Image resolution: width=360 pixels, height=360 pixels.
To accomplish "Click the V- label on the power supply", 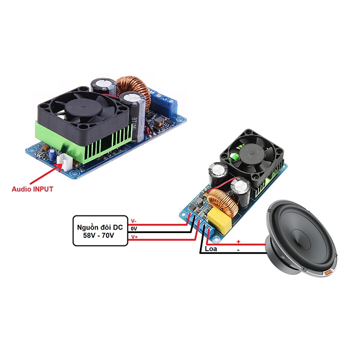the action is (133, 220).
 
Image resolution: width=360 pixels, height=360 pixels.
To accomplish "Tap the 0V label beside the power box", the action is (133, 228).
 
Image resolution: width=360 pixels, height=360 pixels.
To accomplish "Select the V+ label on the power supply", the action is (133, 236).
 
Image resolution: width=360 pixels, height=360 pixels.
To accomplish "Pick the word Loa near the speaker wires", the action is (210, 247).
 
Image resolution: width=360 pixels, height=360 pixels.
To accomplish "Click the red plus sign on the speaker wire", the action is (238, 241).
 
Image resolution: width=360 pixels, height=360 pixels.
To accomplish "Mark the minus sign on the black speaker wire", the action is (238, 248).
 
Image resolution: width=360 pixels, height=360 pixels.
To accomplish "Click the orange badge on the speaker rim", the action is (329, 273).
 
